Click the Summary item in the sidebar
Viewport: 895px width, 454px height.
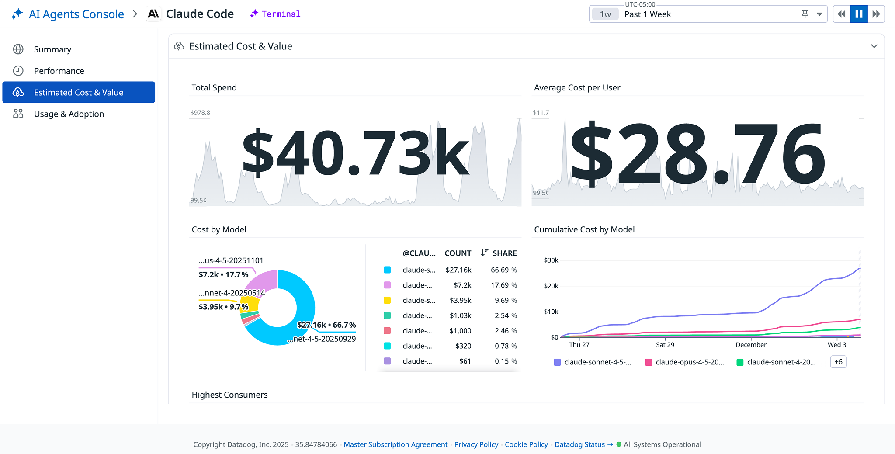(x=52, y=49)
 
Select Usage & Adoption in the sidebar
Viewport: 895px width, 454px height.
(x=69, y=114)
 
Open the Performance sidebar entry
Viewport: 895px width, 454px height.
(x=59, y=71)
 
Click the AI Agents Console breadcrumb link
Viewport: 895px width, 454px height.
(x=76, y=14)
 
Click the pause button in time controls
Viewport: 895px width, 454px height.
(x=858, y=14)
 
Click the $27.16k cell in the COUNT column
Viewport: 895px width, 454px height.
(x=458, y=270)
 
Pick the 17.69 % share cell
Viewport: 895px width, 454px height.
(x=503, y=285)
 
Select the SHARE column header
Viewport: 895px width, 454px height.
(x=504, y=253)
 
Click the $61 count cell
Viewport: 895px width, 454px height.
(x=465, y=361)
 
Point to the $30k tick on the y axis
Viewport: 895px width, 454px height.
(x=551, y=260)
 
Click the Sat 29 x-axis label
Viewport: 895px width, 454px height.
(x=665, y=345)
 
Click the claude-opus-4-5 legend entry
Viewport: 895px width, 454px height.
(x=689, y=362)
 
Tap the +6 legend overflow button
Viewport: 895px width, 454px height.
(x=838, y=362)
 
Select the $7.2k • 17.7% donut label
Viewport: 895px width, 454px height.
(x=223, y=275)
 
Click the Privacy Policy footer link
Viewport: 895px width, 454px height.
(x=476, y=444)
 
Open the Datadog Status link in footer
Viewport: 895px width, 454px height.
(x=579, y=444)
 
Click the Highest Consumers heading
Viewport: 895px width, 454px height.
(x=229, y=395)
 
